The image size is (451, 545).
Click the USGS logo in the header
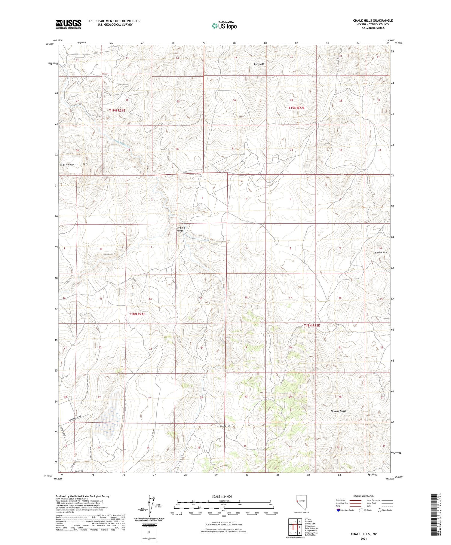pyautogui.click(x=69, y=24)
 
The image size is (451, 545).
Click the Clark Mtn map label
pyautogui.click(x=259, y=64)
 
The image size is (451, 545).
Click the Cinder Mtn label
pyautogui.click(x=381, y=253)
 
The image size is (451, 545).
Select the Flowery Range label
pyautogui.click(x=338, y=411)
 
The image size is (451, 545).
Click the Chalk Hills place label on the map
pyautogui.click(x=226, y=426)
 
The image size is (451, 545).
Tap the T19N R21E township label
pyautogui.click(x=117, y=111)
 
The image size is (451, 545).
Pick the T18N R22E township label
pyautogui.click(x=311, y=326)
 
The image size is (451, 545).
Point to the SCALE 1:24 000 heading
pyautogui.click(x=224, y=496)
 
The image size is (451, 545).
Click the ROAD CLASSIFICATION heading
pyautogui.click(x=364, y=496)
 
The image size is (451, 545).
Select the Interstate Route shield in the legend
pyautogui.click(x=338, y=510)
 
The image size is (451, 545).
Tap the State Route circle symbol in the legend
pyautogui.click(x=379, y=510)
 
